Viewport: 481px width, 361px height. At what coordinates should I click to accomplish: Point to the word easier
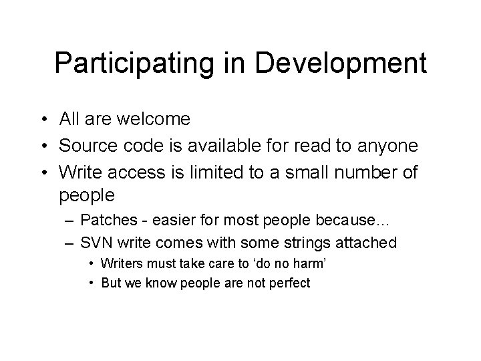(172, 221)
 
